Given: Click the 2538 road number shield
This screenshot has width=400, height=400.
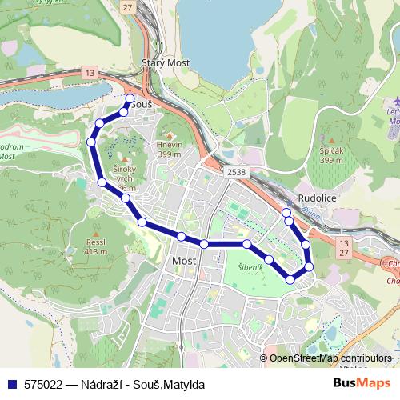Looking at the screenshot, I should pos(237,171).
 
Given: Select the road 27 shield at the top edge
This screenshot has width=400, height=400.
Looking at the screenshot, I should pos(128,6).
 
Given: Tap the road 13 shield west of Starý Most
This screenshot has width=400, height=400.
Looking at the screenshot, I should pos(90,74).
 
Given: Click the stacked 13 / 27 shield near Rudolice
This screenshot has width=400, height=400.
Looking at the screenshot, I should pos(344,246).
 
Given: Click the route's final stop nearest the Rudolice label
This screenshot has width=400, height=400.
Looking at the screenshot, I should pos(286,212).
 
